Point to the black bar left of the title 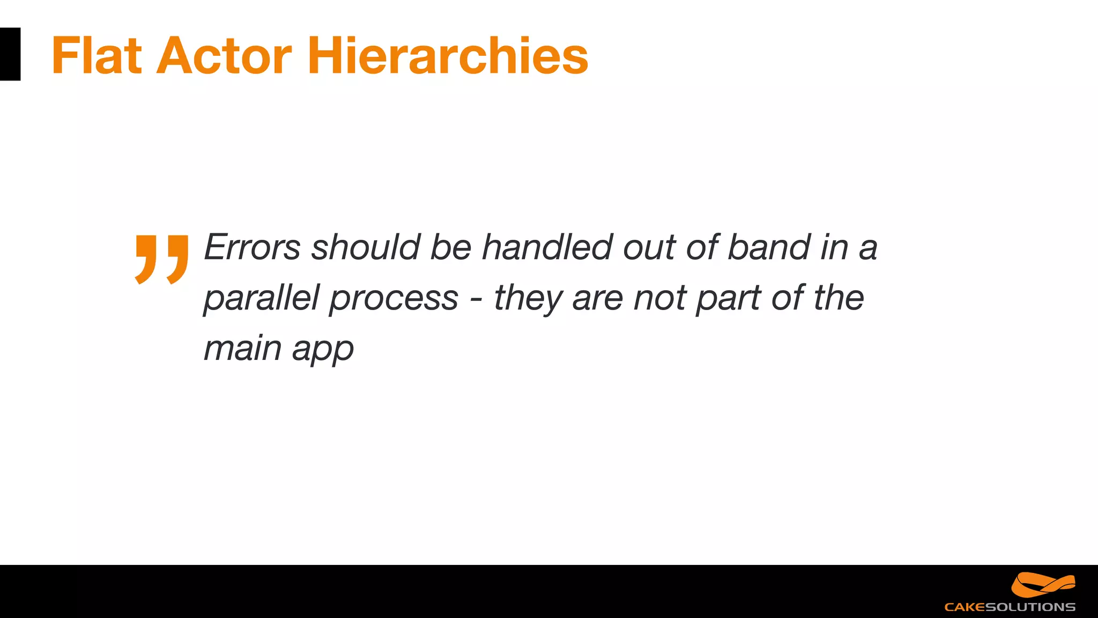[x=10, y=54]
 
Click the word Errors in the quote [x=252, y=247]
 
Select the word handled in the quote [x=547, y=247]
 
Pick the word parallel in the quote [x=262, y=298]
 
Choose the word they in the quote [x=528, y=298]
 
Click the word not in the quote [x=660, y=298]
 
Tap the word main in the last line [x=242, y=349]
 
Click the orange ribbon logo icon [x=1043, y=585]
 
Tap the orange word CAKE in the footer [x=965, y=607]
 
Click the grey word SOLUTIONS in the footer [x=1030, y=607]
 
